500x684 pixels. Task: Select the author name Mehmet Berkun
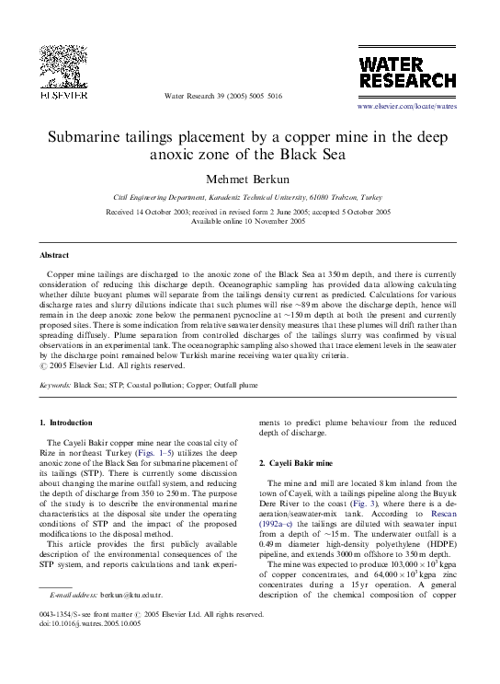coord(248,175)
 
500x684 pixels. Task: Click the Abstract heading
coord(54,253)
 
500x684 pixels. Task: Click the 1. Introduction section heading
coord(66,423)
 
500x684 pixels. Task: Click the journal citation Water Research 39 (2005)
coord(222,97)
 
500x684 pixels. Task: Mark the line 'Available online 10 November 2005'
coord(248,221)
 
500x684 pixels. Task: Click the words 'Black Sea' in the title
coord(311,153)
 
